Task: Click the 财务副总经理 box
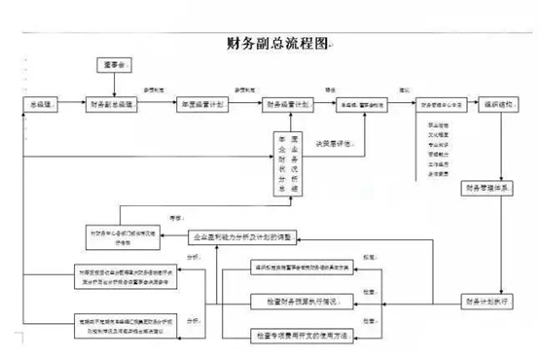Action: pos(117,103)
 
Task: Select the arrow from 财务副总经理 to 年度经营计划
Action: pos(160,103)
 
